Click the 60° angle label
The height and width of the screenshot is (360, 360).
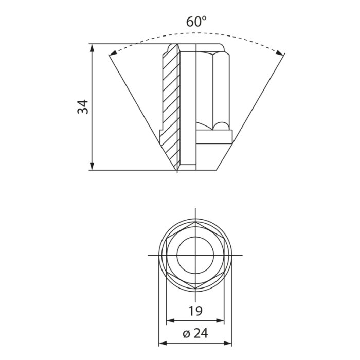[x=196, y=22]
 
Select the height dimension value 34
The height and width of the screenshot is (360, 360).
[x=83, y=106]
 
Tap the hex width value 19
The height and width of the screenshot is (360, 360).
[x=195, y=311]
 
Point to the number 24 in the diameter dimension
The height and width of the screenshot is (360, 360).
[x=201, y=333]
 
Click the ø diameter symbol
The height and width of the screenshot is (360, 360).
[x=186, y=334]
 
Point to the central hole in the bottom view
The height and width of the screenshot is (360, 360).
[x=195, y=255]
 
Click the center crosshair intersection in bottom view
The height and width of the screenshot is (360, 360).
[x=195, y=255]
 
